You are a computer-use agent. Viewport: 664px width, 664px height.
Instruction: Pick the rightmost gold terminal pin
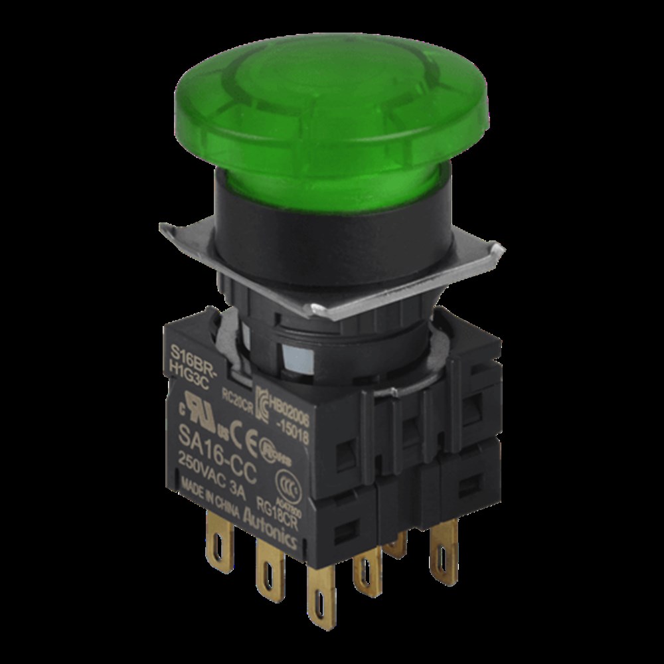click(x=443, y=548)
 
